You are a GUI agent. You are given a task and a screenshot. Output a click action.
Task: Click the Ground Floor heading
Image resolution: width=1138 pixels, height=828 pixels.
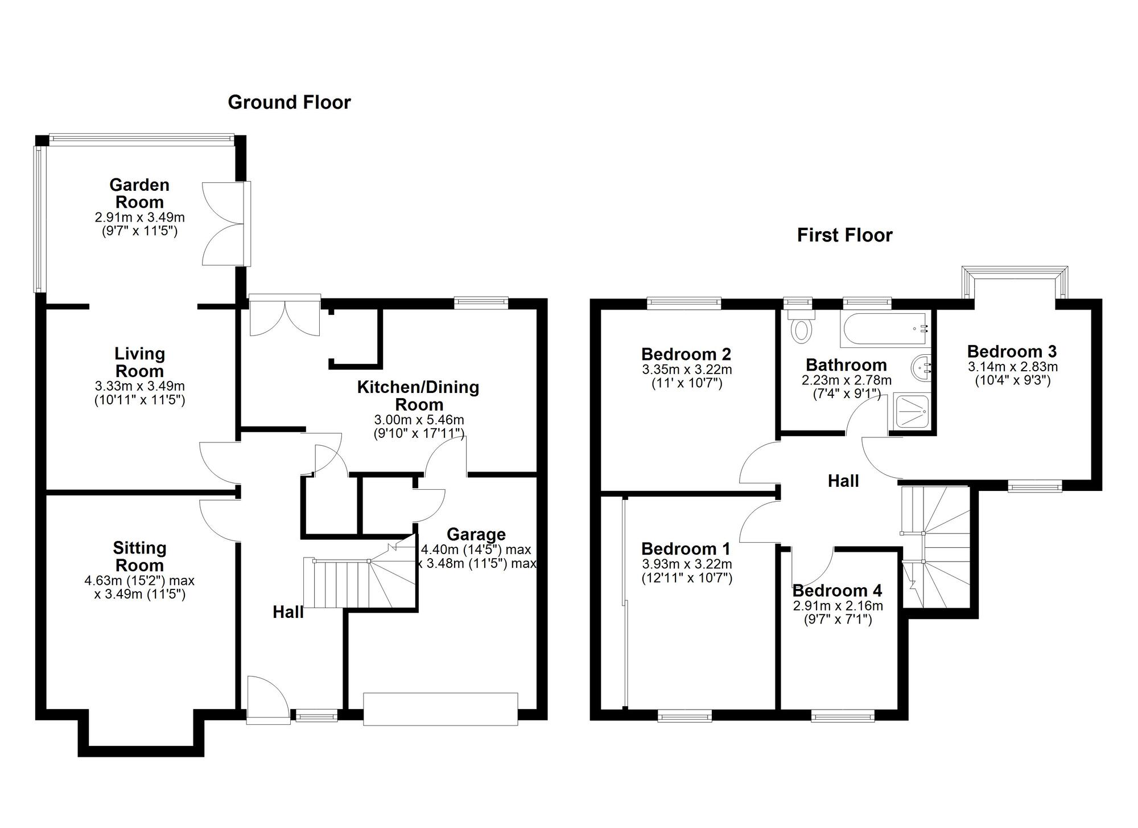click(x=289, y=103)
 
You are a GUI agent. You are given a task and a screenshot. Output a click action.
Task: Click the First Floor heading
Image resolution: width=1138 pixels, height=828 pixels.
click(x=844, y=235)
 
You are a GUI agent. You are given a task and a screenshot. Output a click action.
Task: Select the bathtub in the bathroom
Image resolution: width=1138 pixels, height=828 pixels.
click(x=885, y=329)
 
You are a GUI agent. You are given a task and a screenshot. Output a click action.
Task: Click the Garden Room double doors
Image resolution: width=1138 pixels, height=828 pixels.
click(x=225, y=224)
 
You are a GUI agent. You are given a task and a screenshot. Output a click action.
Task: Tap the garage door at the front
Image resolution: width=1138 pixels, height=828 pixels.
click(x=440, y=708)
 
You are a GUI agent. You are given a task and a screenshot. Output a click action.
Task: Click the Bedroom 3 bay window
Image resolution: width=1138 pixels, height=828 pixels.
click(x=1015, y=282)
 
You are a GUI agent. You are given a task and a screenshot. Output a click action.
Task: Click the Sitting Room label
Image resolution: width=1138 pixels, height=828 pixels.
click(x=139, y=556)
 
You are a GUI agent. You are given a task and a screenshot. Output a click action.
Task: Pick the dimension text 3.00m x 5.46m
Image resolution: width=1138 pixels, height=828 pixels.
click(x=419, y=420)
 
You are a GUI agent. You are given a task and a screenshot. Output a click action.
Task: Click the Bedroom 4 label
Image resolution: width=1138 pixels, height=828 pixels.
click(x=837, y=591)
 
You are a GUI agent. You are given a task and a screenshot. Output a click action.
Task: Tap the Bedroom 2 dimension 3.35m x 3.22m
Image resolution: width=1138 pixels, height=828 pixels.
click(x=687, y=370)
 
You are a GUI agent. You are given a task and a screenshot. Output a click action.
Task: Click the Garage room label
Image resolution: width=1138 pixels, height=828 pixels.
click(x=476, y=534)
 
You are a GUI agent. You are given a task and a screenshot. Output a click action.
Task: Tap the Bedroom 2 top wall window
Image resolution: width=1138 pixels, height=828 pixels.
click(x=684, y=303)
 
